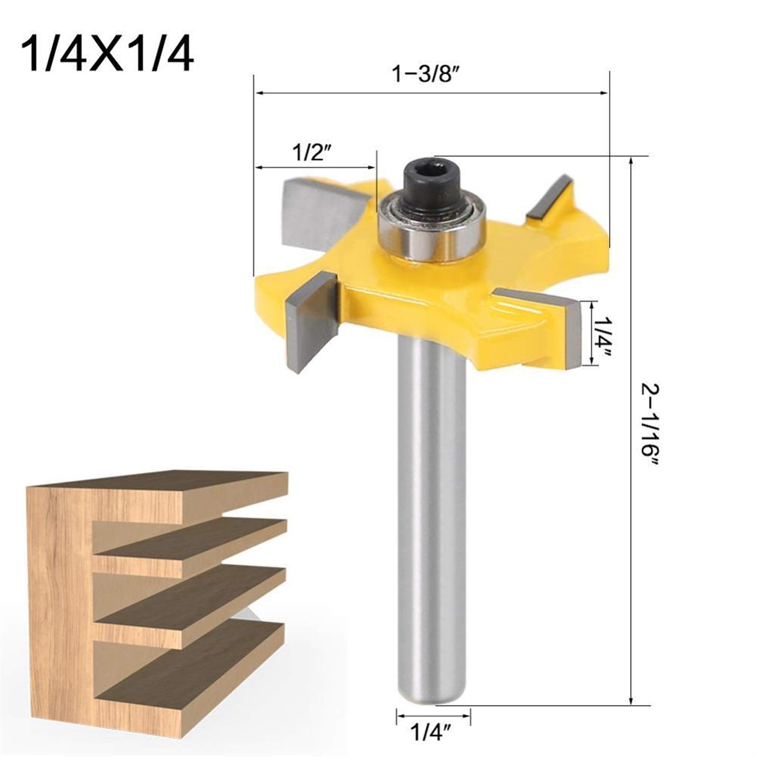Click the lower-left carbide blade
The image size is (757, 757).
310,322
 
